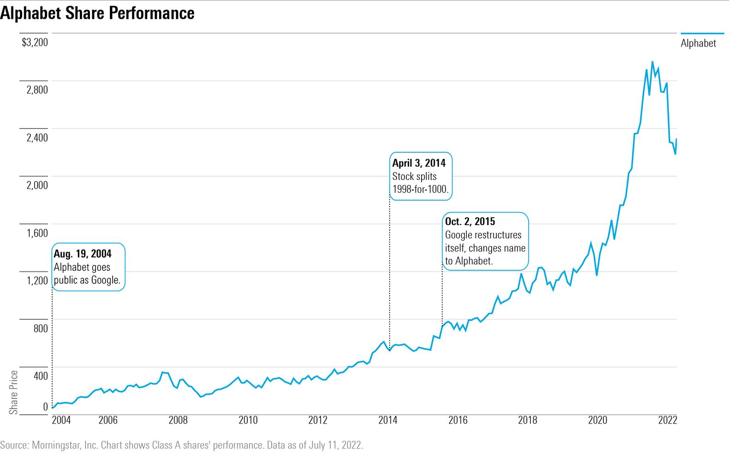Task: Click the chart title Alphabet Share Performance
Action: click(x=97, y=13)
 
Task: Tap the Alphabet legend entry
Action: click(x=698, y=43)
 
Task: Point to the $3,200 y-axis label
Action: click(x=35, y=42)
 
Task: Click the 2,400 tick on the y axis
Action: click(x=37, y=137)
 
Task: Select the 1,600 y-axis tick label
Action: click(x=37, y=233)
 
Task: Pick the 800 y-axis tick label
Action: click(x=40, y=328)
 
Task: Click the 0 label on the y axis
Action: click(x=45, y=406)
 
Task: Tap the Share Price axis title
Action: click(x=13, y=392)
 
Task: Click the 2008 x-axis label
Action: click(x=178, y=420)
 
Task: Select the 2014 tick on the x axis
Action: click(x=388, y=420)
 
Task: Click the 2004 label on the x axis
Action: click(x=61, y=420)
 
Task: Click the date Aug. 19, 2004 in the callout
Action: click(x=83, y=254)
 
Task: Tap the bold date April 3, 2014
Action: click(x=419, y=163)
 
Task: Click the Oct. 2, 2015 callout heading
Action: click(x=470, y=221)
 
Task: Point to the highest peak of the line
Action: click(x=652, y=62)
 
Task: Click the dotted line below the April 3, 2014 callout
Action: click(x=390, y=277)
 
